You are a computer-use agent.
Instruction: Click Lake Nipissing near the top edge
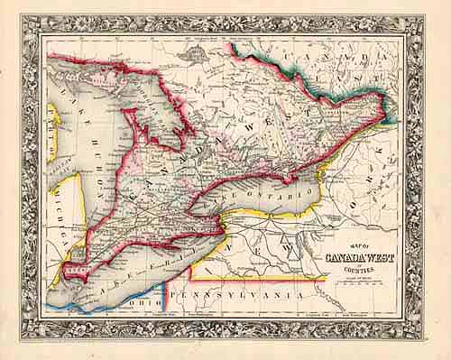pyautogui.click(x=193, y=56)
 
